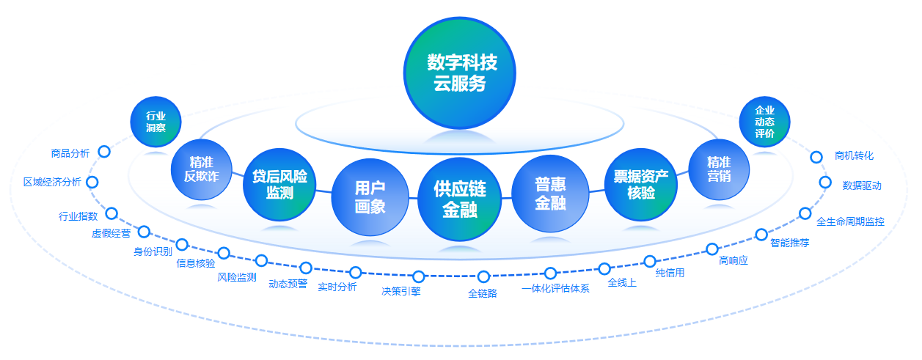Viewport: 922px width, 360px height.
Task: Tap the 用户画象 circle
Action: click(370, 198)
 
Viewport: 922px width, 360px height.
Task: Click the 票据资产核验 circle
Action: click(641, 185)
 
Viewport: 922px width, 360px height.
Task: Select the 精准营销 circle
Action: click(719, 169)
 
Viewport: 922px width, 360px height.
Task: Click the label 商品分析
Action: click(70, 153)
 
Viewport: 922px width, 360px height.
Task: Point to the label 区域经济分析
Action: click(52, 183)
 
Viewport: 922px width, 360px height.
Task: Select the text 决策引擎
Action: click(401, 290)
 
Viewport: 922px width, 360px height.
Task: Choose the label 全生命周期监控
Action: click(850, 221)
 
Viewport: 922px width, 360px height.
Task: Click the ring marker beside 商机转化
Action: click(816, 157)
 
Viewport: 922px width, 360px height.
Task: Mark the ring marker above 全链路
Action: click(483, 277)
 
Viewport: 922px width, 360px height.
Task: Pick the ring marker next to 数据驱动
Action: click(825, 183)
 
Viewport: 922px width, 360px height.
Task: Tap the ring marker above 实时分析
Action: click(356, 273)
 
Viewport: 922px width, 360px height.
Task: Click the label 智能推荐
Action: click(790, 243)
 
